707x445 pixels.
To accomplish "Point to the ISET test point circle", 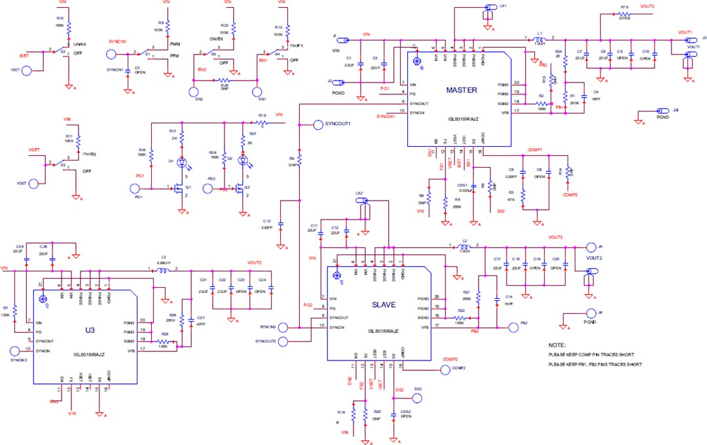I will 26,69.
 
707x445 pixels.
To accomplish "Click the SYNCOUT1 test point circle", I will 319,124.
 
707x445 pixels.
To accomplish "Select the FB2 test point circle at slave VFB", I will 513,326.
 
